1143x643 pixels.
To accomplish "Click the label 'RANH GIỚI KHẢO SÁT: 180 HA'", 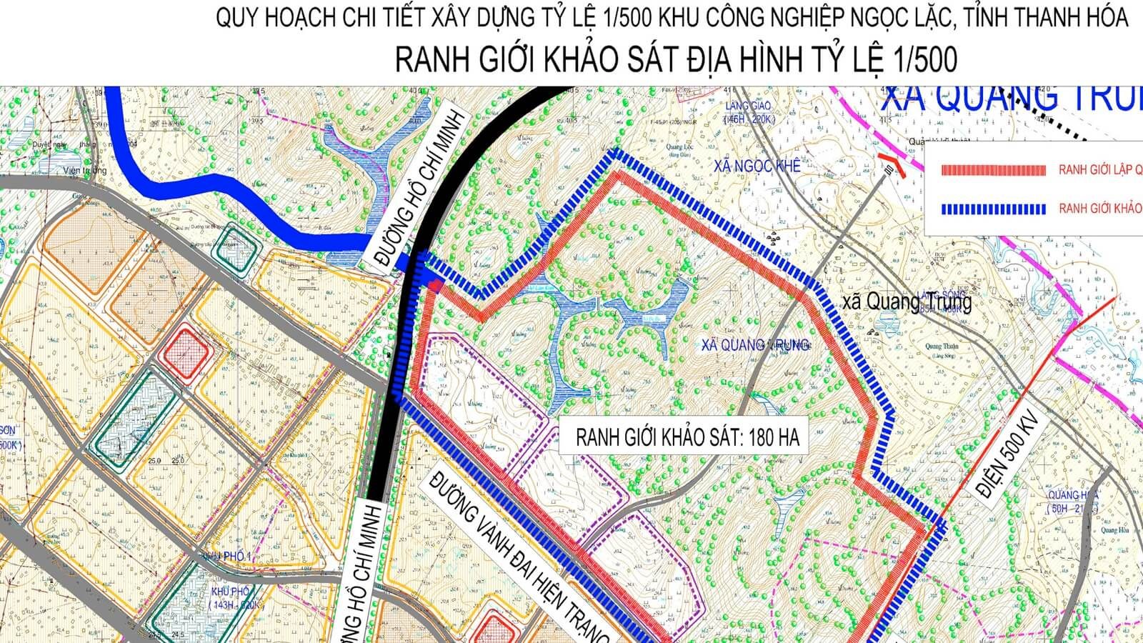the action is click(x=687, y=437).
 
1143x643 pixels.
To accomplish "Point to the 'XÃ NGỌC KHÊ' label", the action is click(x=757, y=166).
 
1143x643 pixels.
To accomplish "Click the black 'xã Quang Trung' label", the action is click(x=907, y=302).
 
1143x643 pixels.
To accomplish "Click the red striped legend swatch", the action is click(x=994, y=171).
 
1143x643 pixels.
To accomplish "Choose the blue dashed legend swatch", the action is click(x=994, y=209).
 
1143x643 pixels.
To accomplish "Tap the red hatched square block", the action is click(x=187, y=352).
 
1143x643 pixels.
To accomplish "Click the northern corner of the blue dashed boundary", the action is click(x=614, y=152).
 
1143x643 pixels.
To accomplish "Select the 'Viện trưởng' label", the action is click(x=84, y=171).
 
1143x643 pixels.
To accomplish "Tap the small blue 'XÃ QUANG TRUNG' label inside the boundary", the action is click(x=755, y=344).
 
